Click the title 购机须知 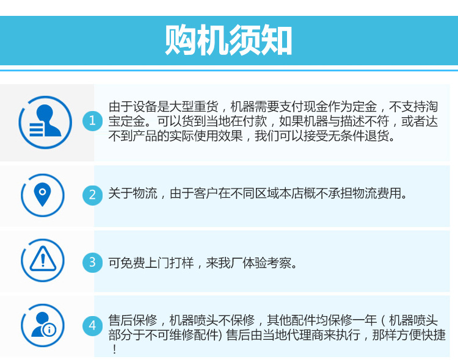[x=228, y=41]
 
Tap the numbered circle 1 [x=92, y=121]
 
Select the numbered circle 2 [x=92, y=195]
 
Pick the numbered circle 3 [x=92, y=262]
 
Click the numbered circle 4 [x=92, y=325]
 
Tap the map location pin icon [x=42, y=195]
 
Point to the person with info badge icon [x=42, y=325]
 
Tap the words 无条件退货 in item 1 [x=360, y=135]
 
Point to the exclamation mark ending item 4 [x=114, y=350]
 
